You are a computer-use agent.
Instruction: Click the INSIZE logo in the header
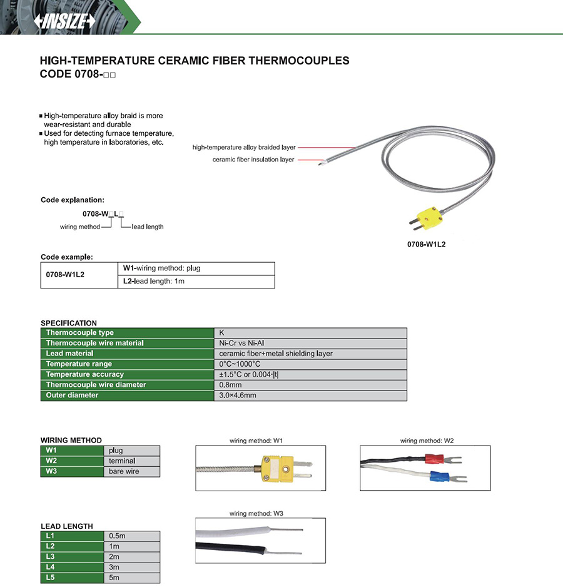click(65, 21)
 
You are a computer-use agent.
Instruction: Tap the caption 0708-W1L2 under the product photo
click(426, 245)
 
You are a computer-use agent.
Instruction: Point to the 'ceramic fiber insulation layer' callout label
click(253, 160)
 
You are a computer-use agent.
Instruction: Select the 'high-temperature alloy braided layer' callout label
click(244, 148)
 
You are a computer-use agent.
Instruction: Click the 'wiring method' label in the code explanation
click(79, 227)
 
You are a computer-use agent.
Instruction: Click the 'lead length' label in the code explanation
click(148, 227)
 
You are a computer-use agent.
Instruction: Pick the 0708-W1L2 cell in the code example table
click(66, 275)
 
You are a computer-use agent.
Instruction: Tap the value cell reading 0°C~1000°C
click(240, 364)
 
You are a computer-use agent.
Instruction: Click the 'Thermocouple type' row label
click(80, 333)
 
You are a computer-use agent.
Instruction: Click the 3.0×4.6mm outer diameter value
click(238, 396)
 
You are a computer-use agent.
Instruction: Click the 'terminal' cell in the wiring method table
click(122, 461)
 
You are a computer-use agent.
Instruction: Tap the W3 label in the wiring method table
click(51, 471)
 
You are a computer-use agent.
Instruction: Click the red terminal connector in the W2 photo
click(434, 459)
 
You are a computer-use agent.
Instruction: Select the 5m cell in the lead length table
click(114, 578)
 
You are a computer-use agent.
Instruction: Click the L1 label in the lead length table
click(51, 536)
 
